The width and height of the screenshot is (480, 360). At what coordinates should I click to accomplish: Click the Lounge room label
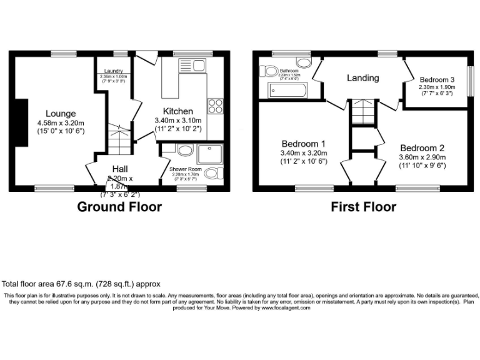tap(61, 114)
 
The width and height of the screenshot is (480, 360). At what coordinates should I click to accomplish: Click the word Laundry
tap(113, 71)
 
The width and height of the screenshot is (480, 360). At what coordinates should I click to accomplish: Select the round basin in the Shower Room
tap(184, 150)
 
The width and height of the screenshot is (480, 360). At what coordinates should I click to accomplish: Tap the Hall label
tap(122, 169)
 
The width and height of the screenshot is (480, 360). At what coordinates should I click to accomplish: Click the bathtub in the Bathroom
tap(287, 91)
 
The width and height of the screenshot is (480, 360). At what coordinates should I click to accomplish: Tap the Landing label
tap(363, 78)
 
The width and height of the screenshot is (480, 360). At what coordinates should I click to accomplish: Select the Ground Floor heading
tap(119, 207)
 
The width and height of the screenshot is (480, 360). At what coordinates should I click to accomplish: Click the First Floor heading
tap(363, 207)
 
